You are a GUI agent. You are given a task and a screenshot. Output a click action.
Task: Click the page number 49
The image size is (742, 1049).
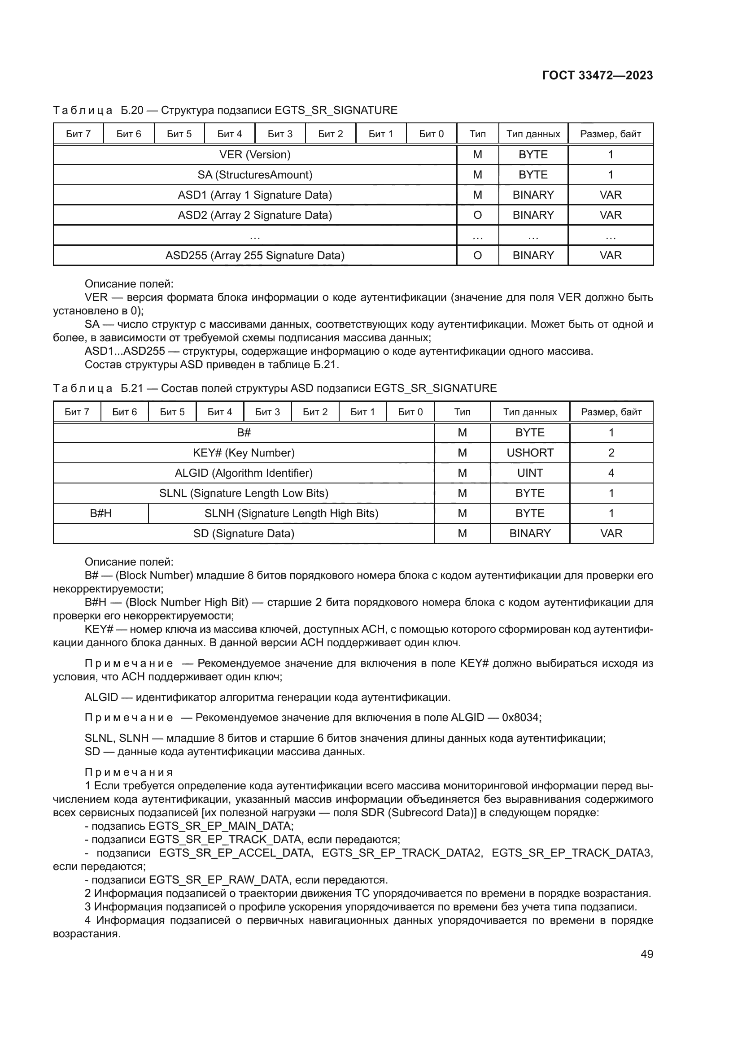[646, 954]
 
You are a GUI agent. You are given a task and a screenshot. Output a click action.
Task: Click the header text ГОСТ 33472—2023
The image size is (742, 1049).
[597, 75]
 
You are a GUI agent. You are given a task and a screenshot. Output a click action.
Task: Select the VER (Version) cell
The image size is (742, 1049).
[254, 154]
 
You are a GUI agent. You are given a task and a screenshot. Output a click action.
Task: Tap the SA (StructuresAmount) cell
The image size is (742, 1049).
[254, 174]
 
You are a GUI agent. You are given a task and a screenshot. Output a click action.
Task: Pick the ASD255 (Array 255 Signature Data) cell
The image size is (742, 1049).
[254, 255]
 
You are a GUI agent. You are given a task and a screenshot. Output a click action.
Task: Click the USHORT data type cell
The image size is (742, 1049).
[529, 453]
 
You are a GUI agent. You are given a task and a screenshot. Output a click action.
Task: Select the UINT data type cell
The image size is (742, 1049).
[529, 473]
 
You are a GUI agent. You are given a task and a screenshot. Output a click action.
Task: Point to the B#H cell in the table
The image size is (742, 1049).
[100, 513]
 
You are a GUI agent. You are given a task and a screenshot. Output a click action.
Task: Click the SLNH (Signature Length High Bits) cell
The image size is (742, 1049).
[291, 513]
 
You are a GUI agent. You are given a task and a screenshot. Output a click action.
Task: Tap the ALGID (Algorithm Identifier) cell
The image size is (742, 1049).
[244, 473]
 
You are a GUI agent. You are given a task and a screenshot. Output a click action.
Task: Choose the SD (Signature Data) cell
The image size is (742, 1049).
[244, 533]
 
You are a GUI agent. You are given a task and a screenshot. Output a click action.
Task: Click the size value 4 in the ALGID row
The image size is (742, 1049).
[611, 473]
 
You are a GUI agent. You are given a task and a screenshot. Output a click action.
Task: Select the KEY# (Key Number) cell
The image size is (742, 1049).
[244, 453]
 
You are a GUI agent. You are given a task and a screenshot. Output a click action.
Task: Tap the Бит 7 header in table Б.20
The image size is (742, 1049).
[78, 134]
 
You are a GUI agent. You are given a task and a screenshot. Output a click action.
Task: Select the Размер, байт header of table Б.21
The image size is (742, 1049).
[611, 412]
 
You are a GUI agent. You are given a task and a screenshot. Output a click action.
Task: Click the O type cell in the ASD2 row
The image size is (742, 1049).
[477, 215]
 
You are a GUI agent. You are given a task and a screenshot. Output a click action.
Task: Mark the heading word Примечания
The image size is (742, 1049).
[129, 772]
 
